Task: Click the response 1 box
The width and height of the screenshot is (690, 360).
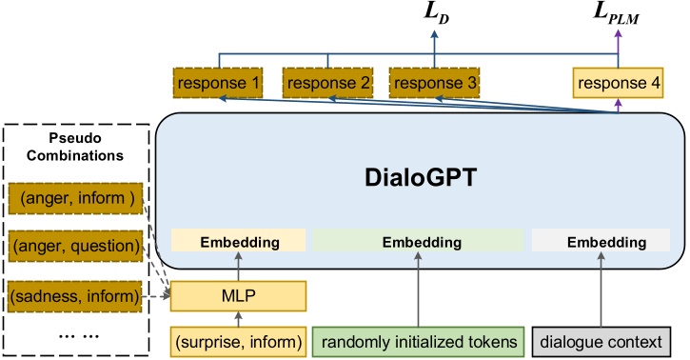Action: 218,84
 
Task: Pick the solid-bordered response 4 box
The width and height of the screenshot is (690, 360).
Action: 616,84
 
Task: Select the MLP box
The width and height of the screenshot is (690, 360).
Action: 238,295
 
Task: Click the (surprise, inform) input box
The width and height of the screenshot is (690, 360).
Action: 238,340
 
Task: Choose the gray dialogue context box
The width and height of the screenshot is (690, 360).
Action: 602,340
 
